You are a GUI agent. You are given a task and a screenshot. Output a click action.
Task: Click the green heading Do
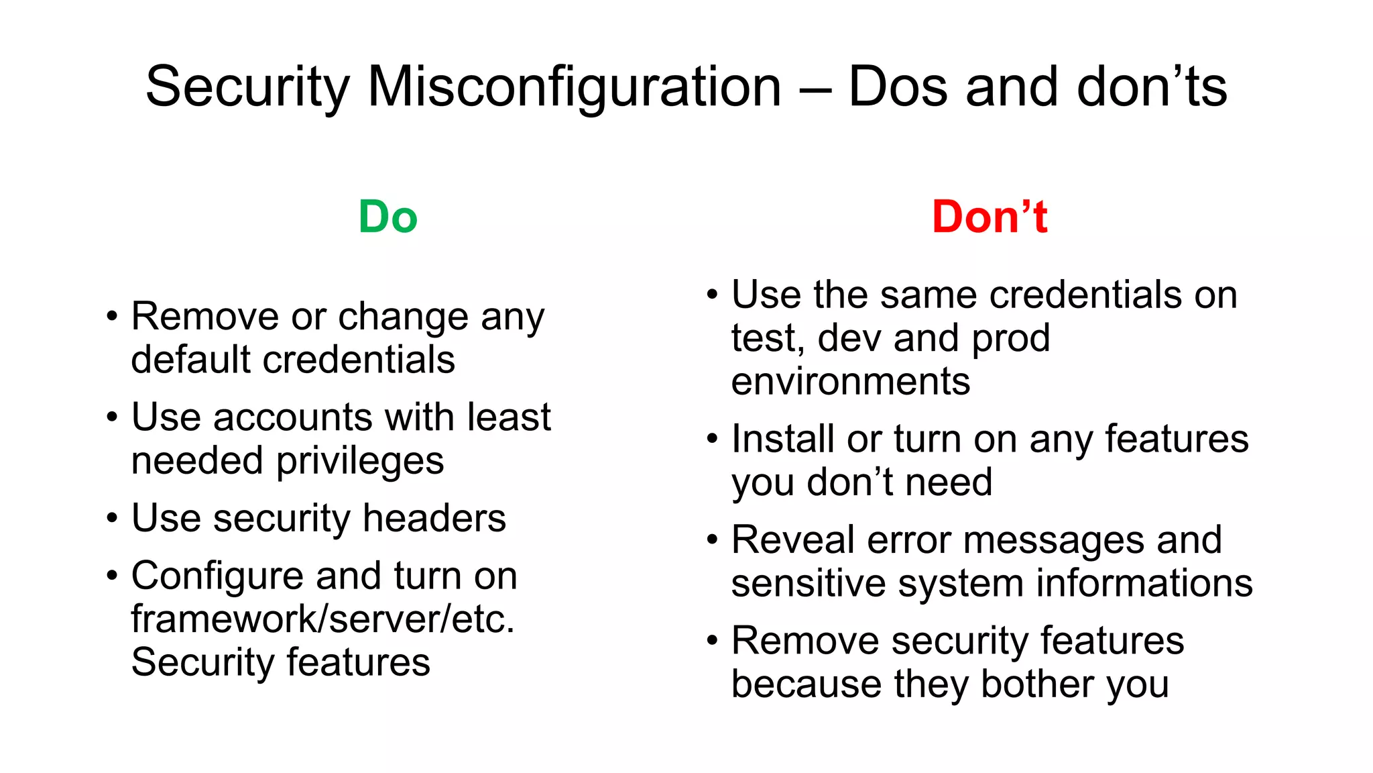pos(387,217)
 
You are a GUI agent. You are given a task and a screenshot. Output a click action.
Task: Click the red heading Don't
pos(989,217)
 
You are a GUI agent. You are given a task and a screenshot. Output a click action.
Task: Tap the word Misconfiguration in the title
pos(575,87)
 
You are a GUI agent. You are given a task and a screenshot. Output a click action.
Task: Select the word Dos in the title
pos(898,87)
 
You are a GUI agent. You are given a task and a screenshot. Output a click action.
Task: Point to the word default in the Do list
pos(190,360)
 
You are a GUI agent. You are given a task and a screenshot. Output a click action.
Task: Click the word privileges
pos(360,462)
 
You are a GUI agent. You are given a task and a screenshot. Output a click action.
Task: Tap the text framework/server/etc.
pos(322,619)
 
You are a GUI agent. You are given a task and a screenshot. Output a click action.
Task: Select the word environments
pos(850,382)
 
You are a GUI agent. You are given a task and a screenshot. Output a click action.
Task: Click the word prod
pos(1010,339)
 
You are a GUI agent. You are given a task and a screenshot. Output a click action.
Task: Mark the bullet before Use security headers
pos(112,519)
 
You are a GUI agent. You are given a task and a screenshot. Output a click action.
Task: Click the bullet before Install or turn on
pos(712,440)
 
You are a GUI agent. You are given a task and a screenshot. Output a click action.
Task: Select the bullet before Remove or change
pos(112,317)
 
